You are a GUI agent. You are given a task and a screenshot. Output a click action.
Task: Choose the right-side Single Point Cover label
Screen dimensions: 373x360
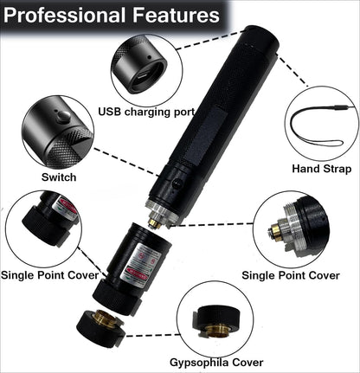291,275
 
